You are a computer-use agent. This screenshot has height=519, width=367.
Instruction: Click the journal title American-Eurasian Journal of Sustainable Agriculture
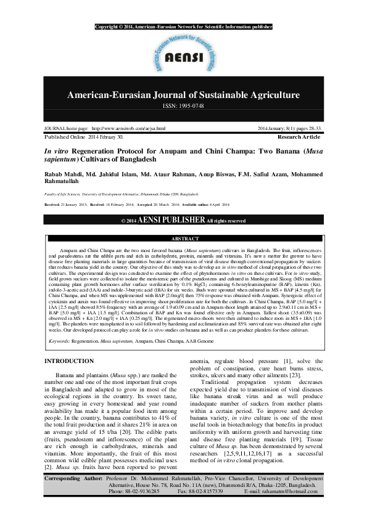183,95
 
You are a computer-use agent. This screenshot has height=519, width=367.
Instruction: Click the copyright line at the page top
183,27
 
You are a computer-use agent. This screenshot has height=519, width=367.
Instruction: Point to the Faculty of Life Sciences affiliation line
99,193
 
